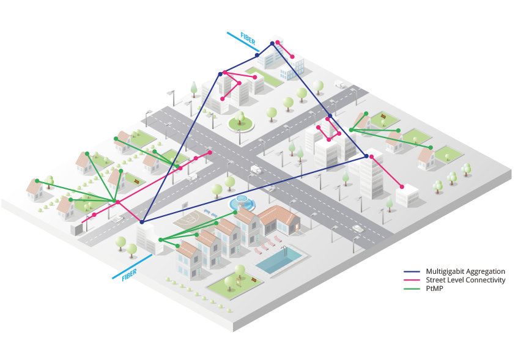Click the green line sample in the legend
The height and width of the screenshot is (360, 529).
(x=412, y=288)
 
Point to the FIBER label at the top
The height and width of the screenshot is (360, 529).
(x=248, y=39)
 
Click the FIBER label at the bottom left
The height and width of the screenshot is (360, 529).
(x=128, y=276)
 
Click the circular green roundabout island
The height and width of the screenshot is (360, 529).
(x=240, y=123)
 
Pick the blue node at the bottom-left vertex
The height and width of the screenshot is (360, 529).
(x=141, y=221)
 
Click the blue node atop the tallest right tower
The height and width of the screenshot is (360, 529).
(x=366, y=156)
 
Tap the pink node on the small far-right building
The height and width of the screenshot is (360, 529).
(x=402, y=186)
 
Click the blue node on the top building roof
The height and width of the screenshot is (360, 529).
(x=272, y=43)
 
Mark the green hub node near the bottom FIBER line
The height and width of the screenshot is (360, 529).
(x=159, y=239)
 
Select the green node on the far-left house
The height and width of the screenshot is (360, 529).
(x=37, y=181)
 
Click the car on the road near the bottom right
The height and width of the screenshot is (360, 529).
(x=357, y=229)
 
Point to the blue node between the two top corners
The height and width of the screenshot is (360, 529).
(x=330, y=116)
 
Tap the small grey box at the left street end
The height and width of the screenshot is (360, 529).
(x=76, y=229)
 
